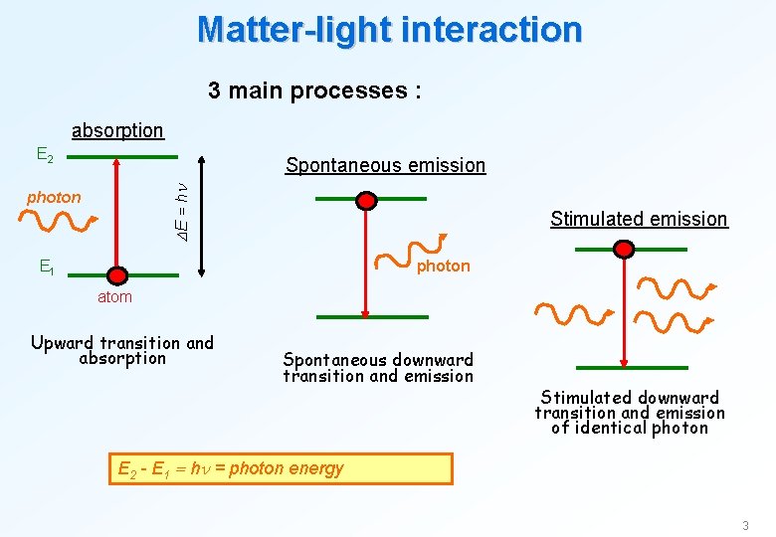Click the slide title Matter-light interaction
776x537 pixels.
[x=389, y=29]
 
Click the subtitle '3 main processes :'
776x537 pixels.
[x=314, y=90]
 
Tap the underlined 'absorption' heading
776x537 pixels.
[x=117, y=130]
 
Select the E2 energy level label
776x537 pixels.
[x=45, y=155]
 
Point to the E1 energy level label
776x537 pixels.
[x=47, y=267]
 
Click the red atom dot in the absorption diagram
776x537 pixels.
[x=117, y=274]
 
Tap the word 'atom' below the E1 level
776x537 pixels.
[x=114, y=296]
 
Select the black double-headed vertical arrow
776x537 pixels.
[x=202, y=215]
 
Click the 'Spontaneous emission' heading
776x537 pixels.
[x=385, y=165]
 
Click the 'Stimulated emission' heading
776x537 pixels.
[x=639, y=219]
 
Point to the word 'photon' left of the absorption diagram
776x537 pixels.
[x=54, y=197]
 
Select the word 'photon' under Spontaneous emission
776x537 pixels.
[x=443, y=266]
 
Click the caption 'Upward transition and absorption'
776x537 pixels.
[x=122, y=350]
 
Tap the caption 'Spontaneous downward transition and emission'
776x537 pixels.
[x=378, y=367]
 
